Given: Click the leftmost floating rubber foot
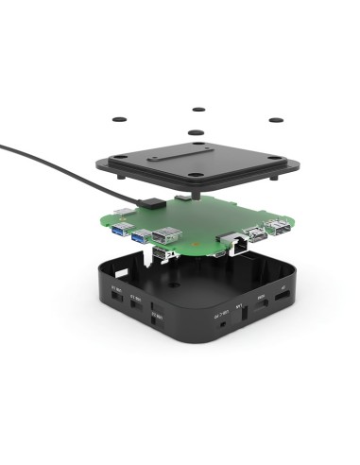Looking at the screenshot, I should tap(120, 119).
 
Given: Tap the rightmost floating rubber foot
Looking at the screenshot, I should tap(275, 120).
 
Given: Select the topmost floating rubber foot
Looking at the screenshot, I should tap(198, 110).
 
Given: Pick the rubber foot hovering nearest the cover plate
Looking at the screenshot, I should tap(196, 133).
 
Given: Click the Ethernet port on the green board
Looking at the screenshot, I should tap(234, 241).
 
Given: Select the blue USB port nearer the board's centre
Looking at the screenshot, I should tap(144, 236).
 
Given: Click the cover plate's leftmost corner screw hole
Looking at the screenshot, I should tap(127, 161).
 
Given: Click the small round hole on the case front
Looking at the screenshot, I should tap(221, 321).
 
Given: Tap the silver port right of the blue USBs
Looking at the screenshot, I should tap(166, 236).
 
